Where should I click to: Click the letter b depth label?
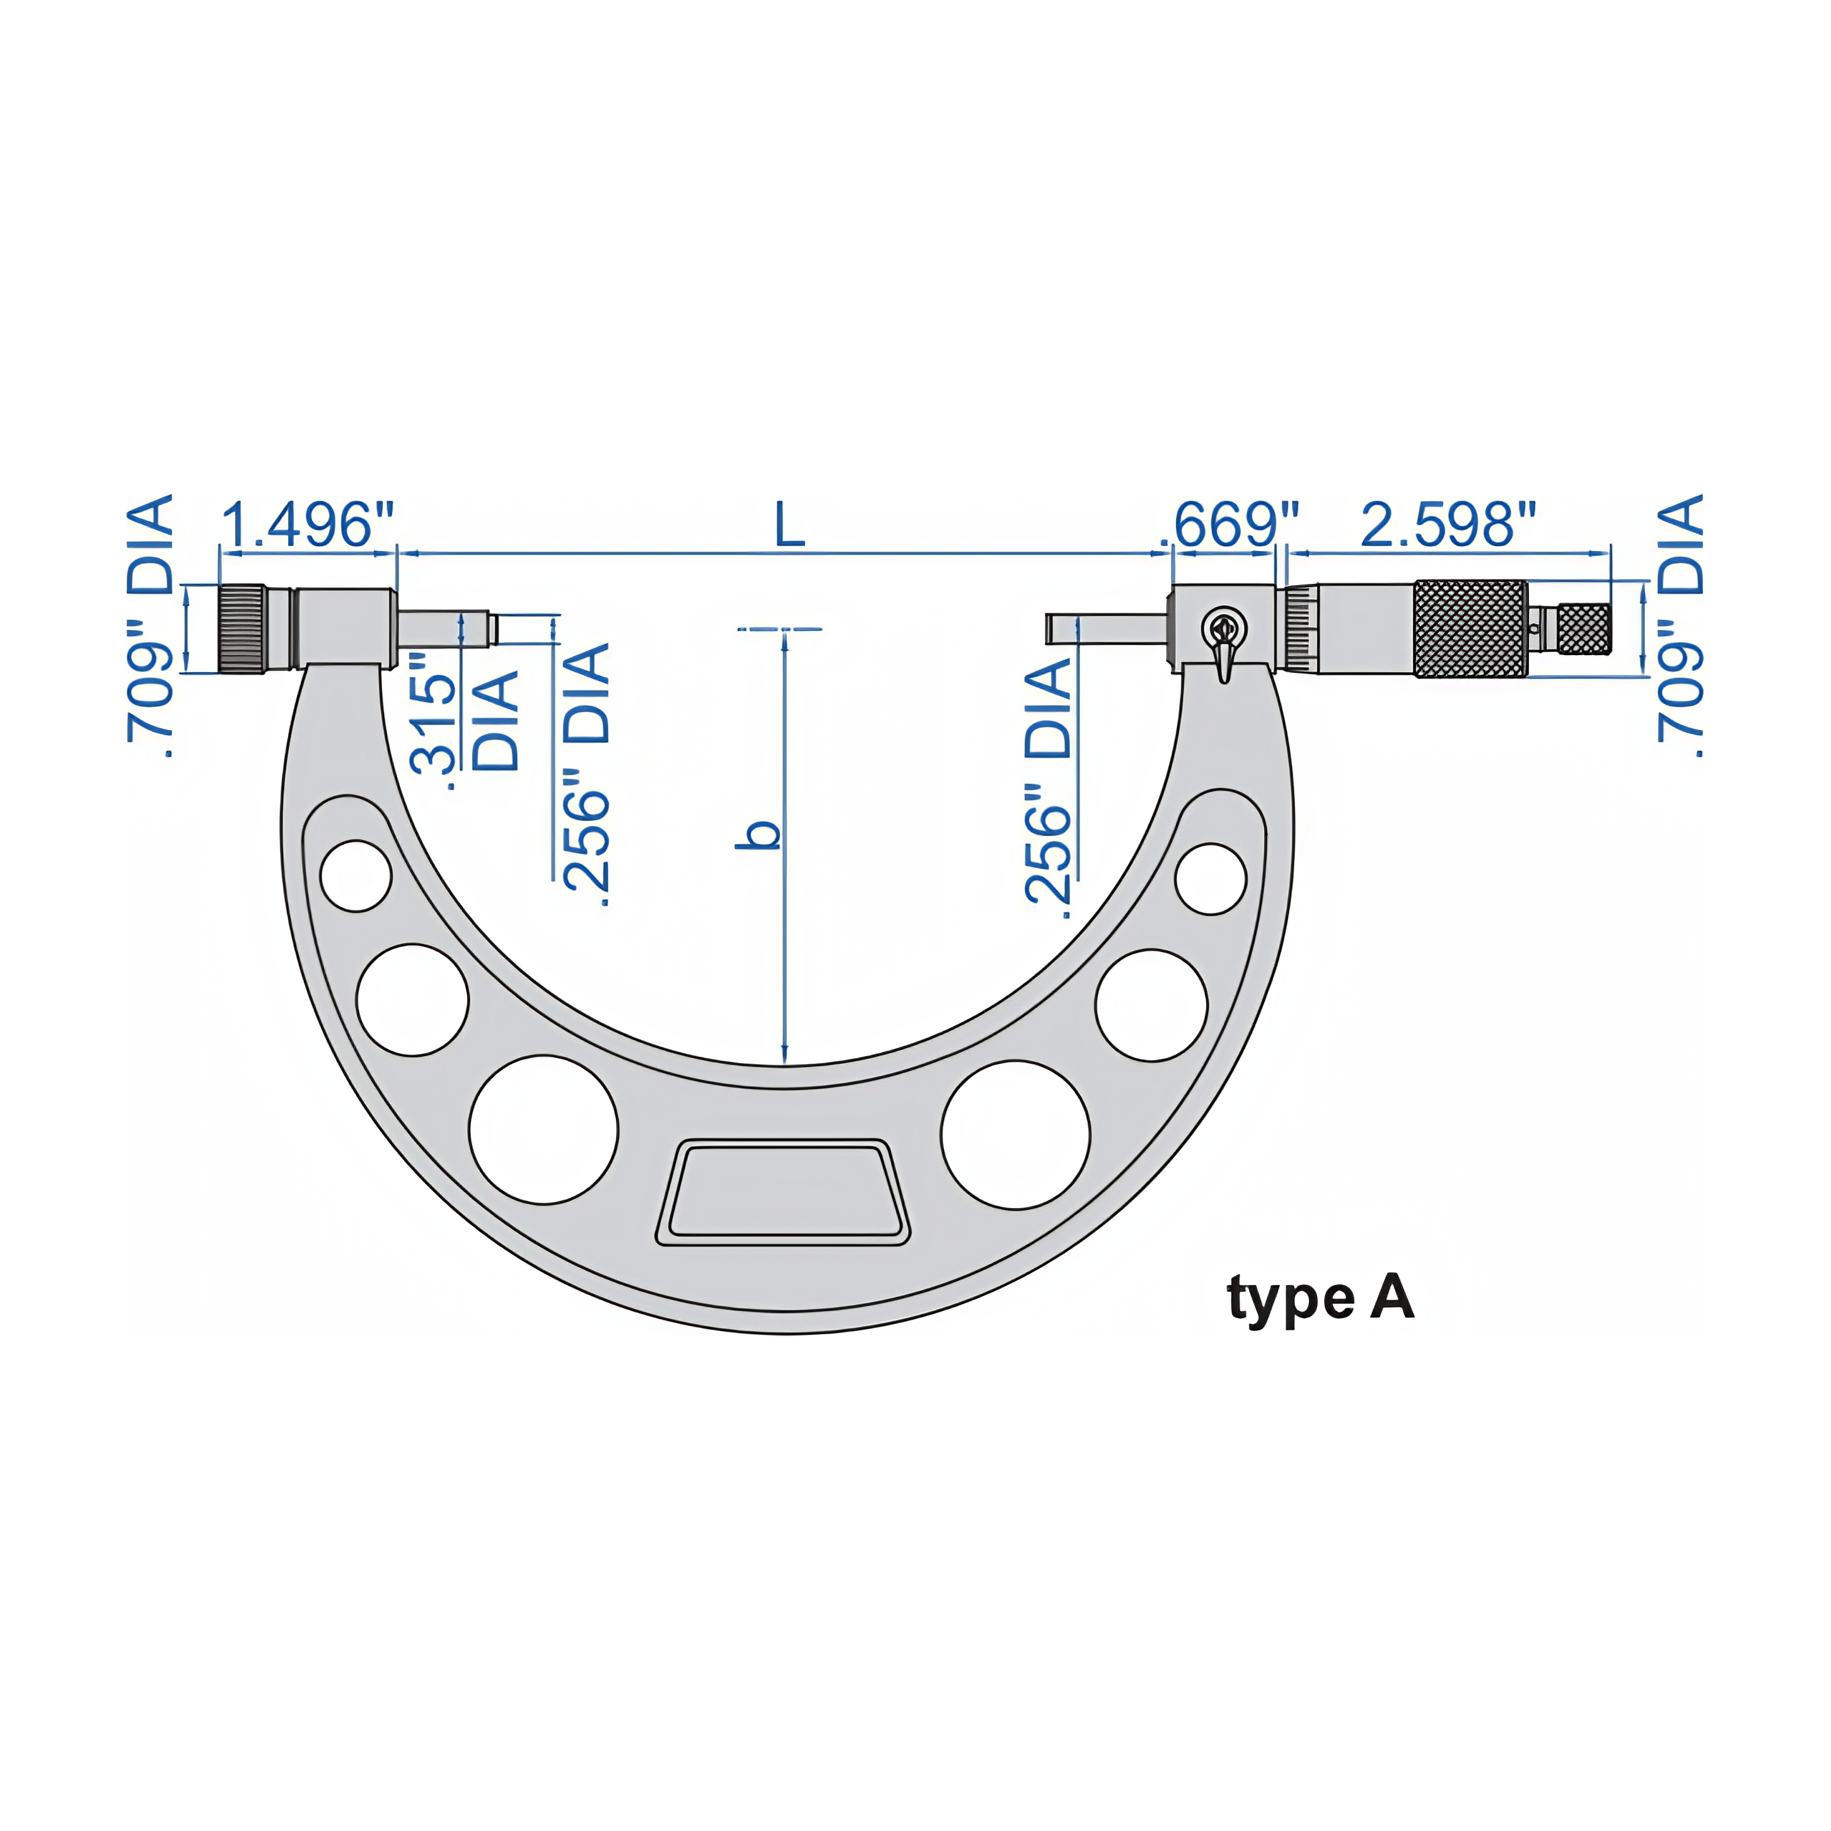[x=760, y=834]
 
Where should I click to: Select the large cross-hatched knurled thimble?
[x=1470, y=629]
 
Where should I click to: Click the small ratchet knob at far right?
[x=1584, y=629]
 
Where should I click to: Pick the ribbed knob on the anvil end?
[x=243, y=629]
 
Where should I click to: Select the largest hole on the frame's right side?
[x=1015, y=1134]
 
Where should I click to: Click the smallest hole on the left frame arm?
[x=356, y=876]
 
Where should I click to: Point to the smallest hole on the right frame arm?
[x=1210, y=878]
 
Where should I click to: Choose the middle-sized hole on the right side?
[x=1151, y=1004]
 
